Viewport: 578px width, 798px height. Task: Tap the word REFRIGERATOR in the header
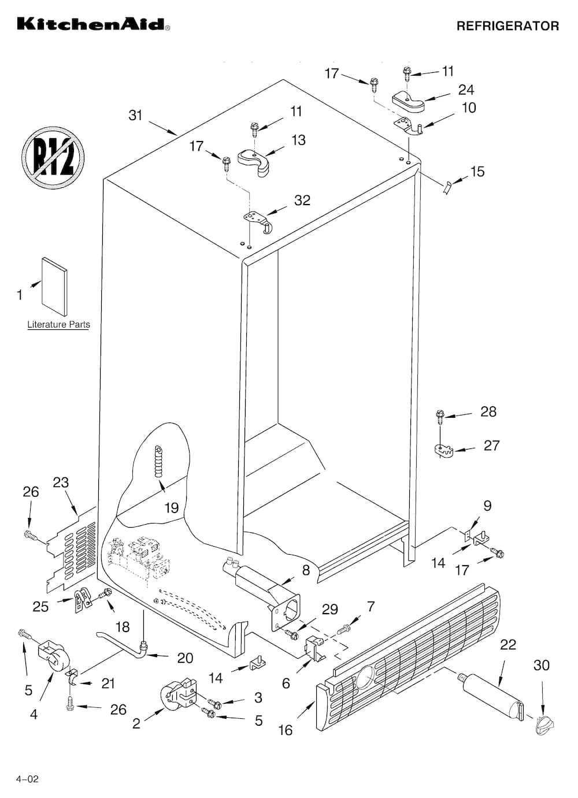coord(507,26)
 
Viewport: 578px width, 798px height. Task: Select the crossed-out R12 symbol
coord(53,158)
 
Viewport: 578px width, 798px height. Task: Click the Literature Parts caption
coord(59,325)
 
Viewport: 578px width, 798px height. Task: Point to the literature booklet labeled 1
coord(54,287)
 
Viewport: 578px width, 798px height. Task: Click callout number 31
coord(135,116)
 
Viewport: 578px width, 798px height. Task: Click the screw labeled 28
coord(440,417)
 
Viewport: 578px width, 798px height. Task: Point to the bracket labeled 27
coord(443,450)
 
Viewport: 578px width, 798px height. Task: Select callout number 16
coord(285,730)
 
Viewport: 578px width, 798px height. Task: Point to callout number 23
coord(61,482)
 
